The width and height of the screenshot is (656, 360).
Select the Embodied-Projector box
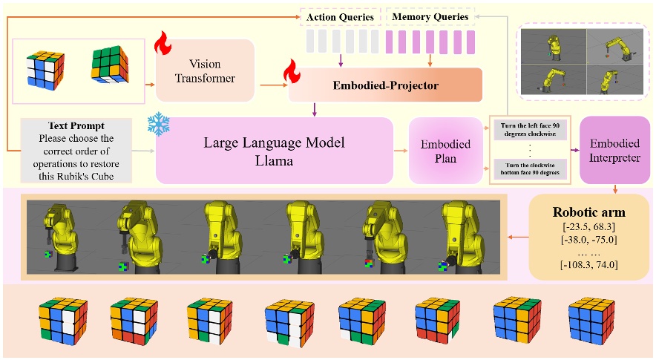[x=386, y=85]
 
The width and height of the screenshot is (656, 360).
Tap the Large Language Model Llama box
[x=275, y=150]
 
